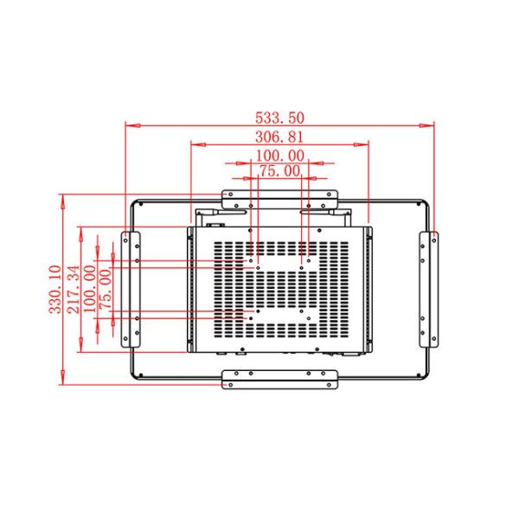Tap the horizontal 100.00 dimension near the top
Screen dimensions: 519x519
pos(280,156)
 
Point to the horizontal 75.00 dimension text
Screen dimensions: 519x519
pos(280,171)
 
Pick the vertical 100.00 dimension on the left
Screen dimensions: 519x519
pos(89,289)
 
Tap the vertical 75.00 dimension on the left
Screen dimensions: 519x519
pos(106,289)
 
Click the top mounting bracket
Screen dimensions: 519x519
pos(279,197)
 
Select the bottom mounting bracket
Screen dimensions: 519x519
pos(279,378)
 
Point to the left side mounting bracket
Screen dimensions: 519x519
pos(131,288)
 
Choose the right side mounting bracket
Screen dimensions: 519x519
pos(428,288)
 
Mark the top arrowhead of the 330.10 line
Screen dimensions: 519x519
pos(63,196)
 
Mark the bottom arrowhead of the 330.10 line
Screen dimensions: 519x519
pos(63,384)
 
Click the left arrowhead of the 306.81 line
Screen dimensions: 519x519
pos(194,144)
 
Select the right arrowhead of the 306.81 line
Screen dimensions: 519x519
pos(368,144)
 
